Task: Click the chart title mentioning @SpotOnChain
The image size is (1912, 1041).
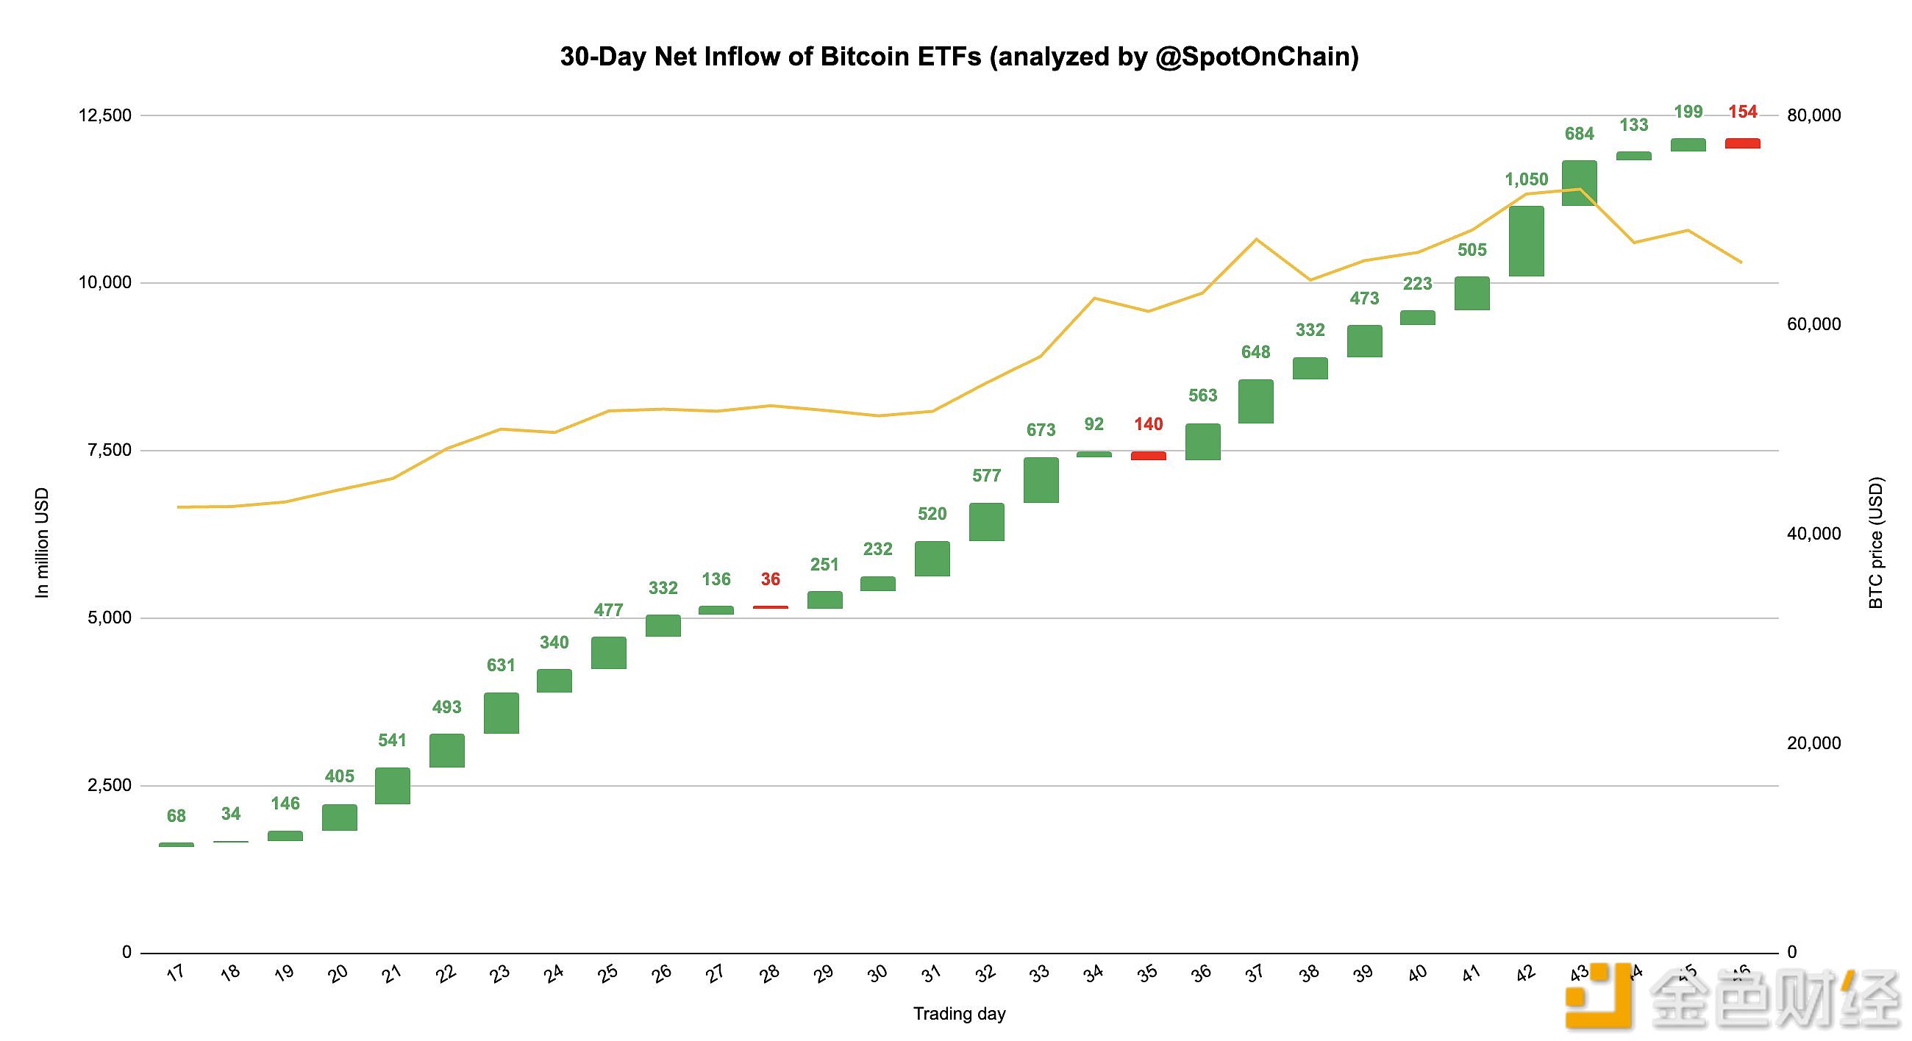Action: click(959, 57)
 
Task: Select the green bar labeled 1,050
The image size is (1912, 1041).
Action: click(1526, 241)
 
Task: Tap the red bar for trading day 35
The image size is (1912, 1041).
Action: click(1148, 456)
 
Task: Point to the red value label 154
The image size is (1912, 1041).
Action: click(1742, 112)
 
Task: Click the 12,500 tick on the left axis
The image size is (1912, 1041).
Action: click(104, 115)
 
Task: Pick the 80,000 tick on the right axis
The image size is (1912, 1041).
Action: click(1813, 115)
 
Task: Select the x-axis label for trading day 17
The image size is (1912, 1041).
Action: click(176, 973)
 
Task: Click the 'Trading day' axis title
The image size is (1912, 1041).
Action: click(959, 1014)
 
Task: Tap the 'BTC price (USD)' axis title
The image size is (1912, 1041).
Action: click(1876, 543)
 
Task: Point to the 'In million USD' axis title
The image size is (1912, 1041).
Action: click(43, 543)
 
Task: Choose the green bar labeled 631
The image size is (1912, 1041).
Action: click(501, 713)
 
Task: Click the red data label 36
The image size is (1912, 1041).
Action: click(771, 579)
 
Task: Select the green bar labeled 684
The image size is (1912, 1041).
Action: click(1580, 182)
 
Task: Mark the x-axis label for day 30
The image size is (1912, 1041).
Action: click(878, 973)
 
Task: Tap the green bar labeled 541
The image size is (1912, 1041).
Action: click(393, 786)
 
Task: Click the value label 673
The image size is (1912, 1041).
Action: click(1041, 430)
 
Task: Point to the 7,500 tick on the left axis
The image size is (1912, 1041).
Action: click(109, 451)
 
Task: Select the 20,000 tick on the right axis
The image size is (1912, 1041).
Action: click(1813, 743)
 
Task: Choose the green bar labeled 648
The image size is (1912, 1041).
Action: click(1256, 401)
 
